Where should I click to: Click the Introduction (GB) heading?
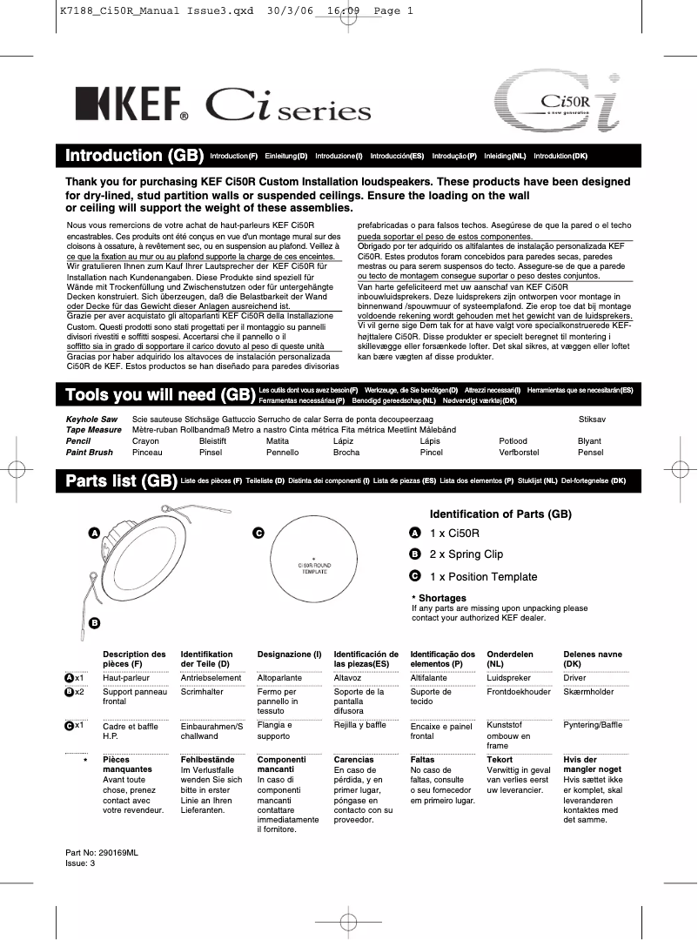134,156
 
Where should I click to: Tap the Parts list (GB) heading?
121,480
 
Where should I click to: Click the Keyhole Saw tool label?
91,419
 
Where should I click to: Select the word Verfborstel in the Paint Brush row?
519,453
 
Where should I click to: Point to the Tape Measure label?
94,430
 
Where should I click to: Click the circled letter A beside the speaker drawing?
93,532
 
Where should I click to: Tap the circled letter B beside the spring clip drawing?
94,622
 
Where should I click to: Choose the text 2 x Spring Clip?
466,554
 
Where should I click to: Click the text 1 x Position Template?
483,577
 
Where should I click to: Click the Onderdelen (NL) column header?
510,658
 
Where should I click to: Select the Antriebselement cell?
211,678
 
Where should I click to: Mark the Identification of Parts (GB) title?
500,514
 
